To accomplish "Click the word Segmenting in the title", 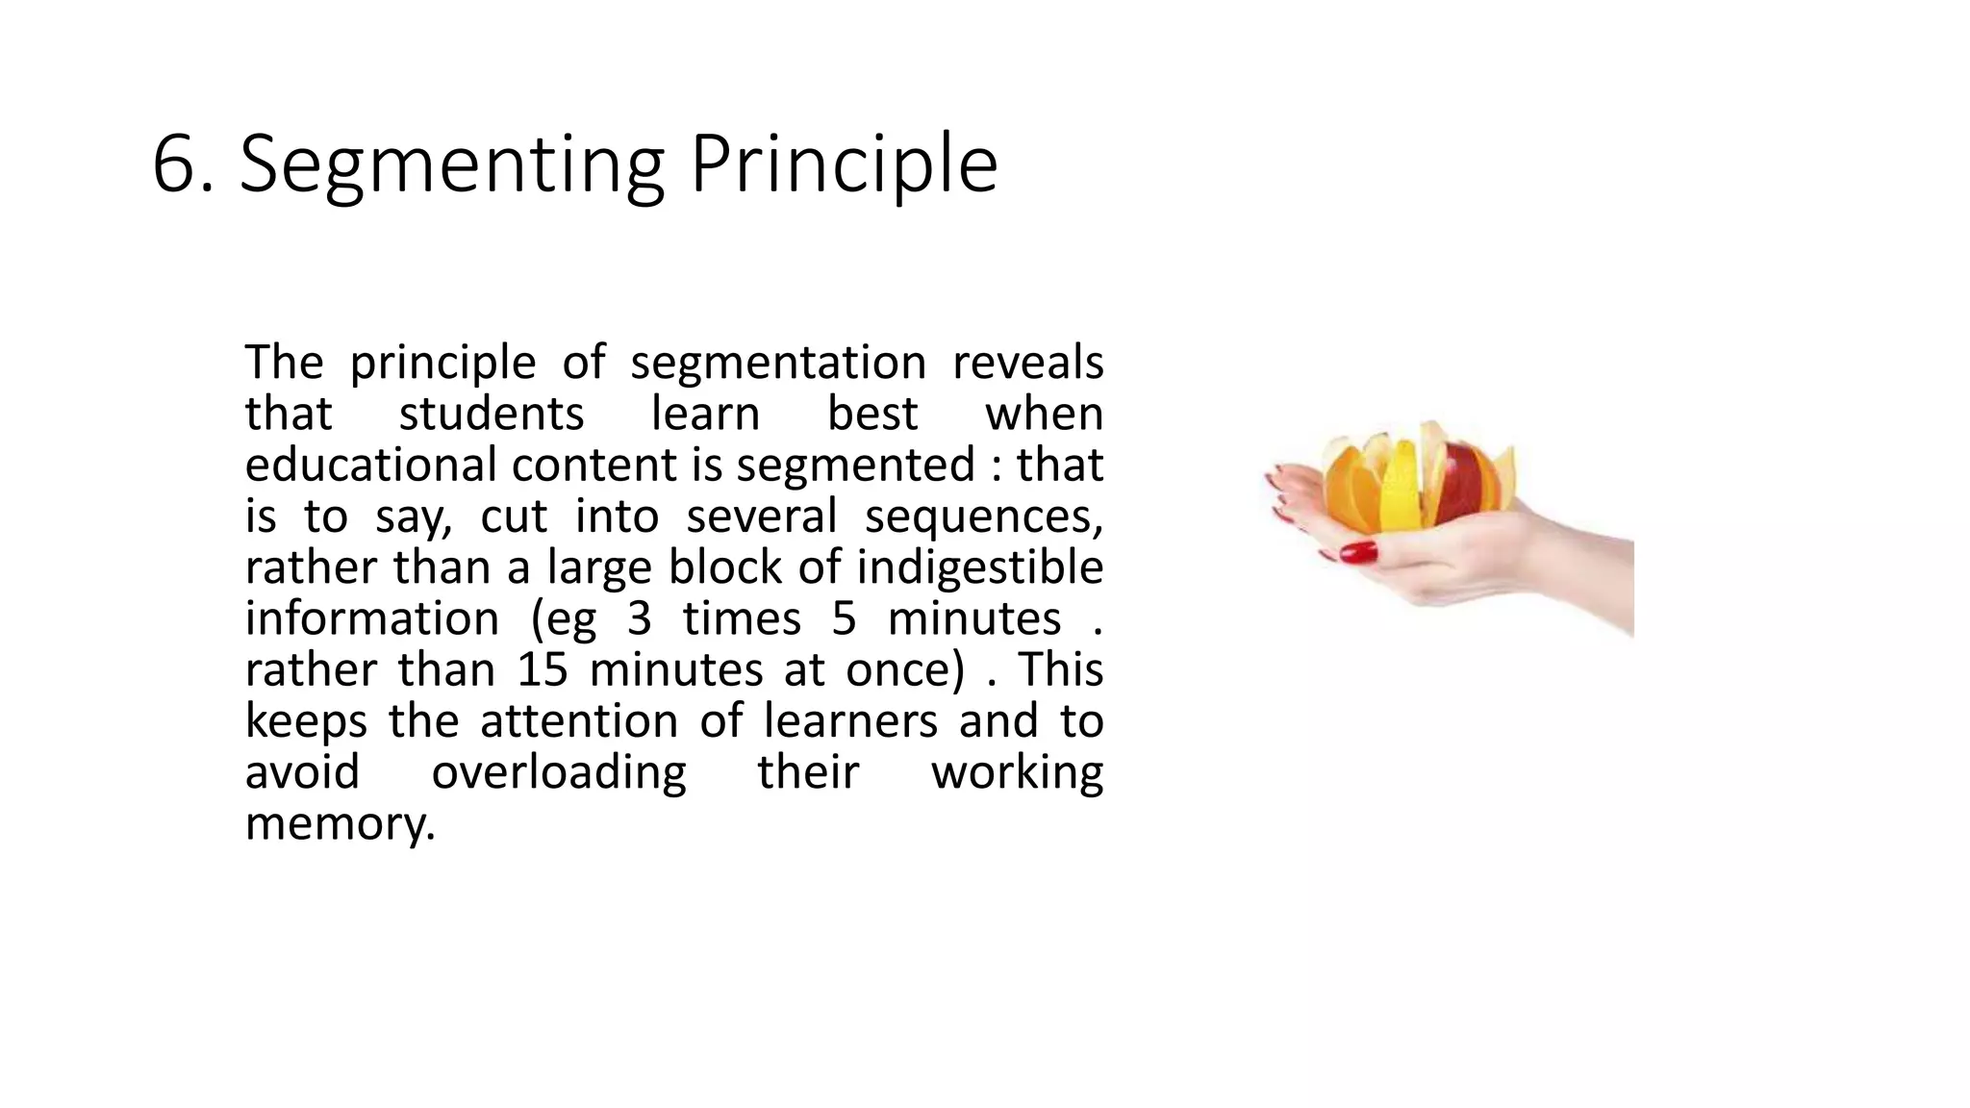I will tap(451, 165).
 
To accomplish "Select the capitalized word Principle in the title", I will tap(844, 165).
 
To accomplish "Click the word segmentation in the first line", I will tap(778, 364).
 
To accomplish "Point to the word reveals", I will tap(1027, 364).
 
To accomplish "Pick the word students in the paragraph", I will tap(491, 415).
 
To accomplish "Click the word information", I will tap(371, 618).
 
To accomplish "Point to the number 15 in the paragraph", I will tap(543, 670).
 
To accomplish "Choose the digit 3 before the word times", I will tap(639, 618).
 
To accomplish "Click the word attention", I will tap(579, 721).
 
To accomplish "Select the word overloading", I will tap(558, 772).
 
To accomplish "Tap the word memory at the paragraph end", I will tap(340, 824).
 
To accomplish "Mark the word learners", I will tap(850, 721).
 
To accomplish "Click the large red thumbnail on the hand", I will tap(1358, 552).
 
